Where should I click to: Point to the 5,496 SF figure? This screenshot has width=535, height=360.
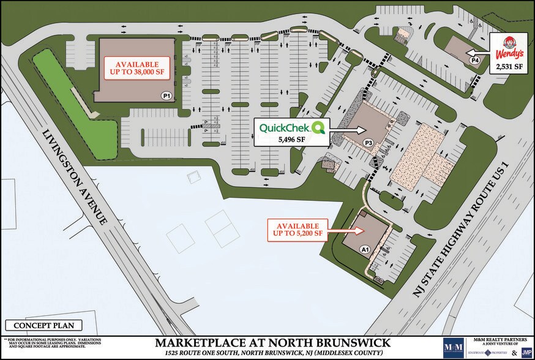click(x=291, y=140)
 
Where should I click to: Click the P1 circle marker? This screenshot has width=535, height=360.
click(x=165, y=96)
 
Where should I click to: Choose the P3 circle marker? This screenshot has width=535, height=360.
click(x=369, y=143)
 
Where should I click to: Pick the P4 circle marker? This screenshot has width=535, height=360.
click(x=474, y=60)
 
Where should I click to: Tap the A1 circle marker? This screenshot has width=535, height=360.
click(x=364, y=249)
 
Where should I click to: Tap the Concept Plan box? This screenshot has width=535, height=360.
click(x=42, y=326)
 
